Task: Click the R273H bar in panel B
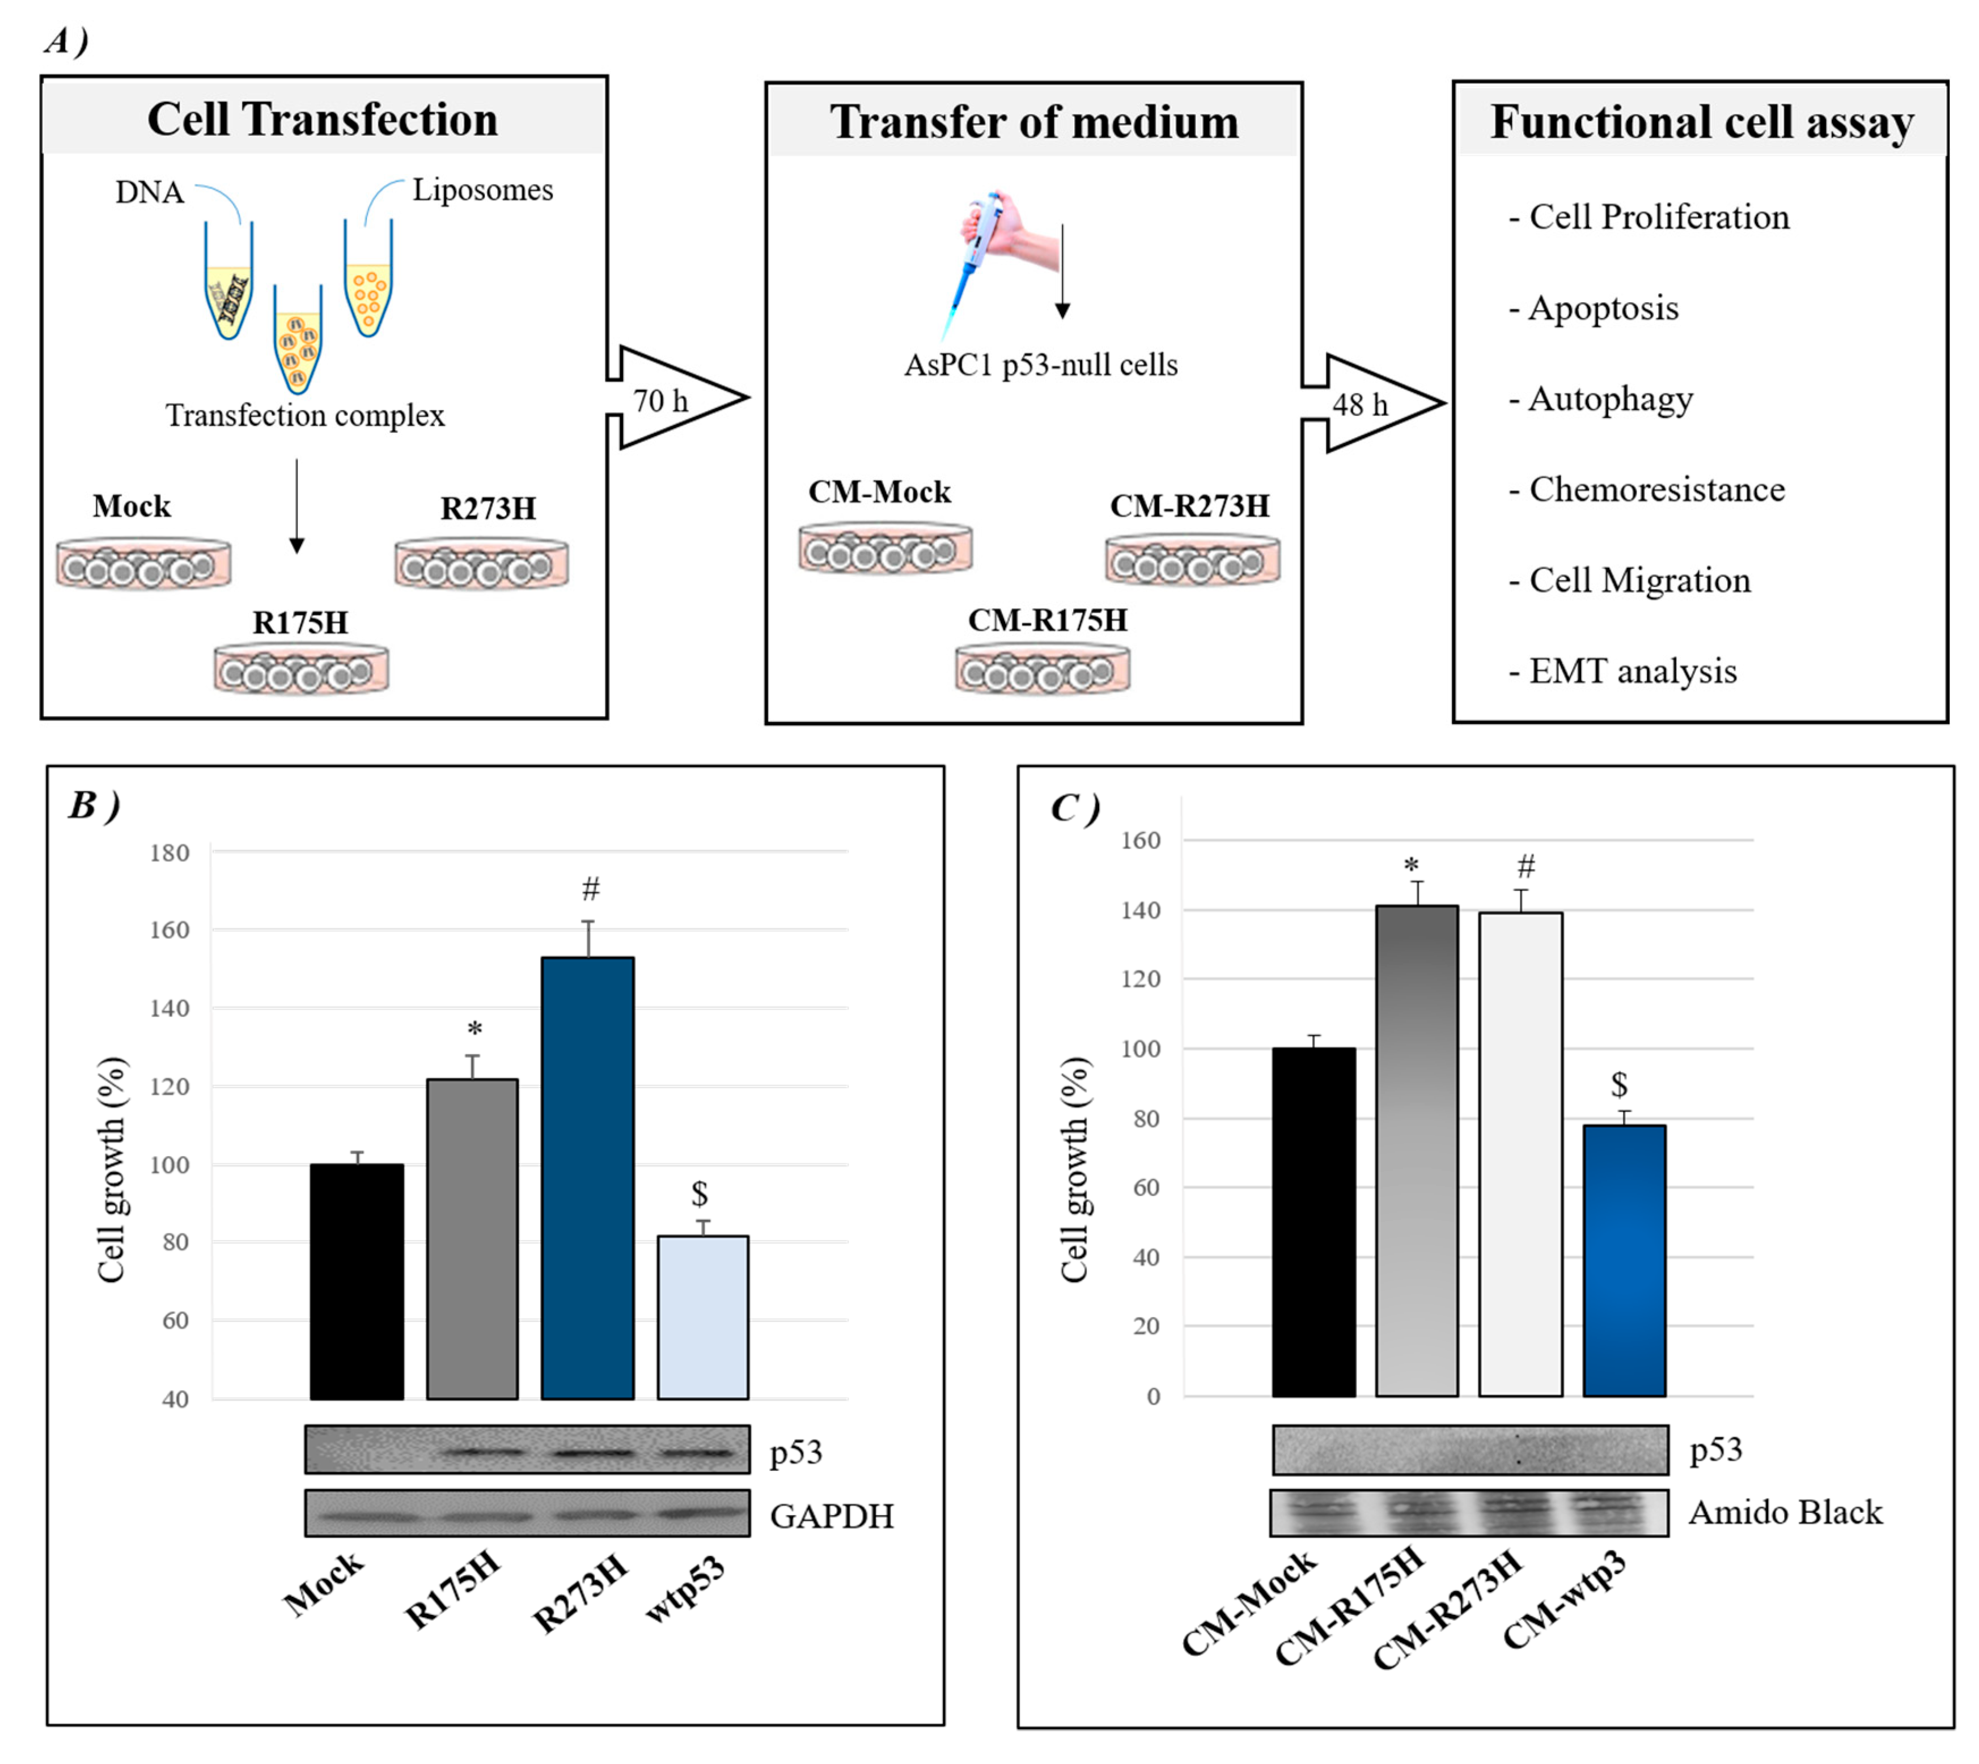point(587,1178)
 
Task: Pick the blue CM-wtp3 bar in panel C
point(1624,1260)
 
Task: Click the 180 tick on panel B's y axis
point(169,853)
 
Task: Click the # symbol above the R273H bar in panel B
point(590,888)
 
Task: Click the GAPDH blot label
point(832,1515)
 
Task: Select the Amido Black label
point(1785,1512)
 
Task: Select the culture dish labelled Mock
point(143,563)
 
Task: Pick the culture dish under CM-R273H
point(1192,560)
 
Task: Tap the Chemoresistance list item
point(1655,489)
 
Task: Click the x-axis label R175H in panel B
point(452,1589)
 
